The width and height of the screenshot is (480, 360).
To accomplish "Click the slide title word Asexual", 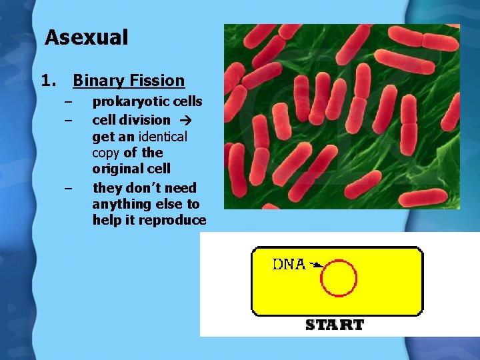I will point(86,37).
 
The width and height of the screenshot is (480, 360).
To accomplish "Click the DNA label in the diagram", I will point(289,264).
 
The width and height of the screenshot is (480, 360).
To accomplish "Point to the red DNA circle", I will point(339,278).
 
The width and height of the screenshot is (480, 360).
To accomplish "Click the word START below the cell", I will point(335,325).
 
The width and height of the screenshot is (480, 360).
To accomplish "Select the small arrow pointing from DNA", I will point(315,265).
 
